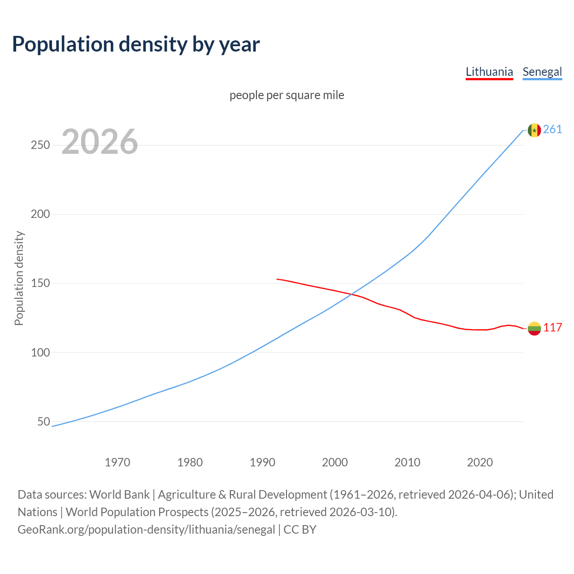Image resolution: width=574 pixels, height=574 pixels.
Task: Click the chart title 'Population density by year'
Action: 136,44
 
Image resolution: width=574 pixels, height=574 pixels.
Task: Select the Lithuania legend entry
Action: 489,72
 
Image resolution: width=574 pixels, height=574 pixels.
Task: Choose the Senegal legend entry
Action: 542,72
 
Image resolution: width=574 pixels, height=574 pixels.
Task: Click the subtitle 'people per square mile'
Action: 287,96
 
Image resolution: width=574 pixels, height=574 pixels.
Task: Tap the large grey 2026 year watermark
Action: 100,142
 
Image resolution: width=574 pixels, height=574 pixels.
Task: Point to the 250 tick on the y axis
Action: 40,145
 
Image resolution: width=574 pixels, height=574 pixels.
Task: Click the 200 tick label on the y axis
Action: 40,214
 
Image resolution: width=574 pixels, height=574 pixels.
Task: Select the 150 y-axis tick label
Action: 40,283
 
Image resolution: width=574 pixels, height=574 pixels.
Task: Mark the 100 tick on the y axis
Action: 40,352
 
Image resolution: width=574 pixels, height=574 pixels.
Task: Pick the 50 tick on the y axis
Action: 43,422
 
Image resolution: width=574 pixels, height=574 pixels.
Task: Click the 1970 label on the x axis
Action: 117,462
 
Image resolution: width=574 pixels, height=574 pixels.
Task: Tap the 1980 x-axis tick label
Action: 190,462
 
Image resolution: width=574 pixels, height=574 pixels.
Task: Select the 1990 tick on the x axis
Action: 262,462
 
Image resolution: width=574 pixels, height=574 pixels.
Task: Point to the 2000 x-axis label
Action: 335,462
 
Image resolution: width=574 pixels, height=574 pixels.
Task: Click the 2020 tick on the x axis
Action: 480,462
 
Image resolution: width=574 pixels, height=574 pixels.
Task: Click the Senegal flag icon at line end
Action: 534,130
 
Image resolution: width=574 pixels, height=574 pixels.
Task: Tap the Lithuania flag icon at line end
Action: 534,328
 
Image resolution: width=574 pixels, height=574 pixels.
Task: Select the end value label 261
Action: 552,130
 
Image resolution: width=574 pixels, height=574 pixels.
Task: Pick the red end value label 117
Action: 552,328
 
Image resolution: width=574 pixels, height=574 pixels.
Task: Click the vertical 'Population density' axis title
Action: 19,278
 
